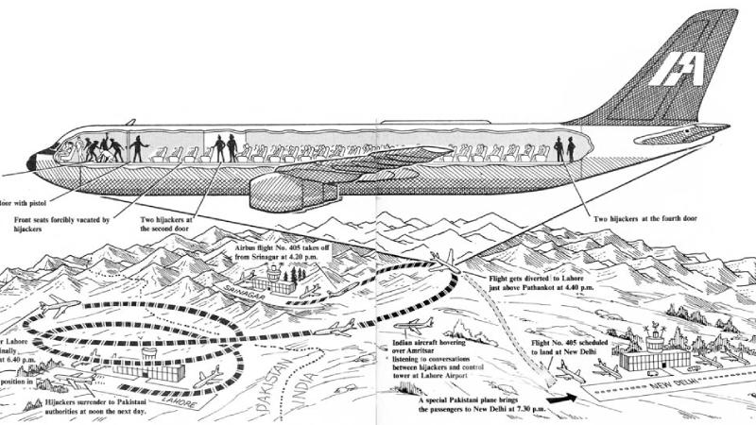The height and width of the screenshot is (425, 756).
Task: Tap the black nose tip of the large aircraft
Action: [x=31, y=162]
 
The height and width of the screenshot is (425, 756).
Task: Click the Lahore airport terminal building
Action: [x=151, y=369]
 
